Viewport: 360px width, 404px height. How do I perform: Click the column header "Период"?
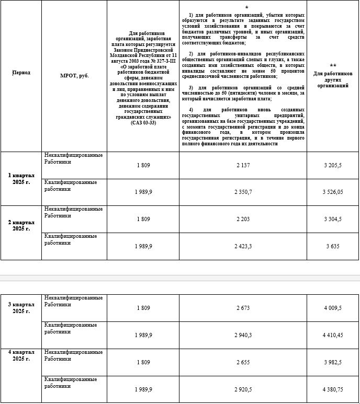click(x=21, y=73)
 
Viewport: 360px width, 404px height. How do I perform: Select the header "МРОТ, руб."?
click(x=75, y=76)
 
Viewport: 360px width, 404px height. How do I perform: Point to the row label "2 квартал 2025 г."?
click(x=21, y=225)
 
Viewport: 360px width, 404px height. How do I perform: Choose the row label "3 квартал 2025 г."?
click(x=21, y=307)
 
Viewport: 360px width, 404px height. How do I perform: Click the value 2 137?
click(x=243, y=165)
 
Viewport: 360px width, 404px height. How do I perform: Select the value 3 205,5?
click(x=333, y=165)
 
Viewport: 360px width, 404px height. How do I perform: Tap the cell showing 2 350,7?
click(x=243, y=192)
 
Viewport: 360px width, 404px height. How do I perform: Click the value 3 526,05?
click(x=333, y=192)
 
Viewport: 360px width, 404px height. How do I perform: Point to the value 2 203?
click(x=243, y=219)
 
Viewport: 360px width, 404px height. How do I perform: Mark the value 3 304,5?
click(x=333, y=219)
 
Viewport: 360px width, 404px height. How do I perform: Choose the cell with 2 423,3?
click(x=243, y=246)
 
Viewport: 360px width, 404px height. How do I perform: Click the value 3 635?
click(x=333, y=246)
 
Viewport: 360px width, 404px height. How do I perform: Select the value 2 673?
click(x=243, y=308)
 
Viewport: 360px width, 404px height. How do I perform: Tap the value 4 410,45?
click(x=333, y=335)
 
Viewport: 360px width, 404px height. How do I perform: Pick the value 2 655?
click(x=243, y=362)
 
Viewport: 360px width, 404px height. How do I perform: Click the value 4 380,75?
click(x=333, y=389)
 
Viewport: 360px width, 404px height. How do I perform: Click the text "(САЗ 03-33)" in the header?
click(x=143, y=123)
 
